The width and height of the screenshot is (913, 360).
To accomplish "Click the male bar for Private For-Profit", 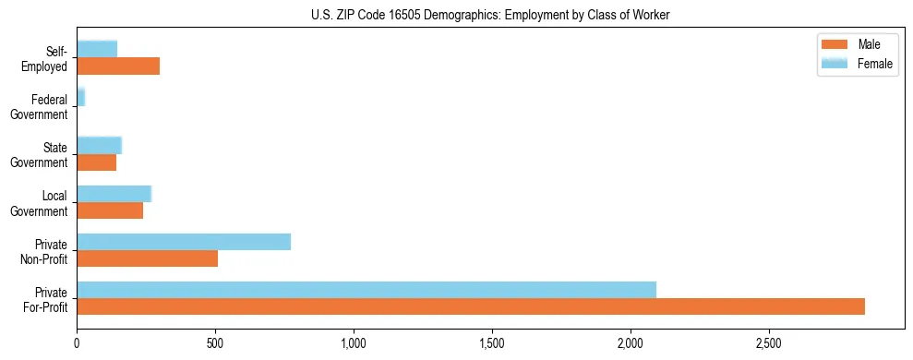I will click(x=471, y=306).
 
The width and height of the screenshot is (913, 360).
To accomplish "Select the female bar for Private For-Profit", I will click(x=366, y=290).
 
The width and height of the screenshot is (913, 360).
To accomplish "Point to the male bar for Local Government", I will click(x=110, y=210).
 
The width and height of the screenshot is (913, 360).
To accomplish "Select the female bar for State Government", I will click(x=99, y=145).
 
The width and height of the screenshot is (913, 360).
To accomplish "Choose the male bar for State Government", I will click(x=97, y=162).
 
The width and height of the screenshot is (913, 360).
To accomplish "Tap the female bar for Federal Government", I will click(x=81, y=97).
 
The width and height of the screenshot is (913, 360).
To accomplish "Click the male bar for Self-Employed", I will click(x=118, y=66).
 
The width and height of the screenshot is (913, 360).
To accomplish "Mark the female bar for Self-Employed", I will click(x=97, y=49).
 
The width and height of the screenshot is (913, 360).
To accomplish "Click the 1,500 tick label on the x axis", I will click(x=492, y=343).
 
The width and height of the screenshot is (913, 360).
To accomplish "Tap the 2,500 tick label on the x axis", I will click(x=769, y=343).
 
